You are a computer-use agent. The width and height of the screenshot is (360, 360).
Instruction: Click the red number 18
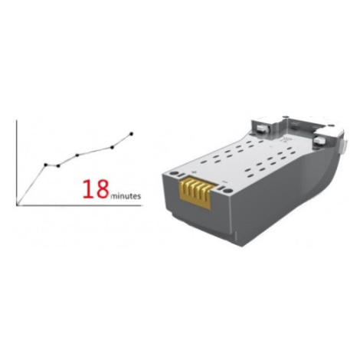point(96,189)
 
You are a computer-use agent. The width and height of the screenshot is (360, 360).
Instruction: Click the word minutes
point(126,196)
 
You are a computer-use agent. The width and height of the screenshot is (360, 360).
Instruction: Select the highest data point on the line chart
point(132,133)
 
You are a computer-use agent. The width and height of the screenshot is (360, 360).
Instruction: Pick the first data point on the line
point(46,165)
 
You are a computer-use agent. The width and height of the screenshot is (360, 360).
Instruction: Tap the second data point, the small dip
point(58,166)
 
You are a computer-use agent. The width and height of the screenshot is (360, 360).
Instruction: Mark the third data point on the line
point(77,155)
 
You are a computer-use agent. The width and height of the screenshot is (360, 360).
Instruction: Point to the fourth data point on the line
point(112,147)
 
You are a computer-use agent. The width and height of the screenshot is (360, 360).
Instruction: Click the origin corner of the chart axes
point(17,205)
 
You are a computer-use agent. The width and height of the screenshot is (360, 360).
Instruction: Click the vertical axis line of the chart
point(17,162)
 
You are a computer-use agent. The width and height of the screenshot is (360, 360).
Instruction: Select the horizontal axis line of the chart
point(78,205)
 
